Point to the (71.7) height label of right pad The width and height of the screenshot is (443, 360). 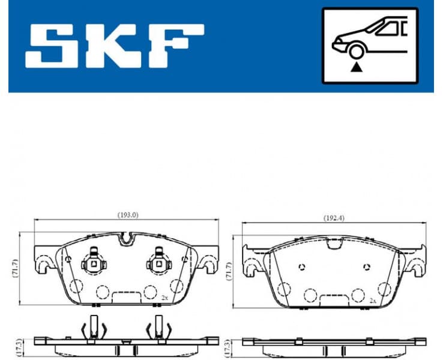pyautogui.click(x=229, y=270)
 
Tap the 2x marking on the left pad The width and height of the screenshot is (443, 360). pyautogui.click(x=164, y=297)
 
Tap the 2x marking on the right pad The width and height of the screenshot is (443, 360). pyautogui.click(x=373, y=300)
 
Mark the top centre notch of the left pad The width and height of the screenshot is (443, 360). pyautogui.click(x=125, y=238)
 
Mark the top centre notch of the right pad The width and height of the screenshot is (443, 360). pyautogui.click(x=334, y=242)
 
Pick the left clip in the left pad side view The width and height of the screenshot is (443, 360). pyautogui.click(x=93, y=328)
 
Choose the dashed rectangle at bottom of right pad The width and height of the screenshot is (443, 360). pyautogui.click(x=334, y=299)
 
